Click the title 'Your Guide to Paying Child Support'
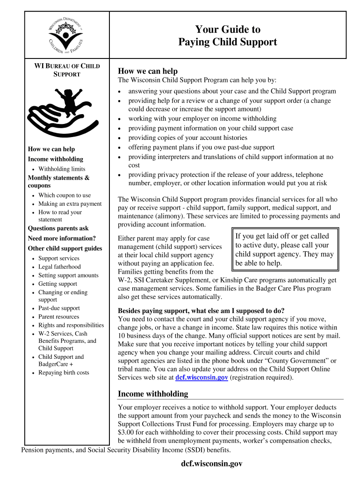click(x=228, y=36)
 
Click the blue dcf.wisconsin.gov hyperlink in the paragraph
click(x=202, y=378)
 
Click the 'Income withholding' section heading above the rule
click(x=153, y=394)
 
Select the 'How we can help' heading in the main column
click(x=148, y=71)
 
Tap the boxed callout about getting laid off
click(x=285, y=250)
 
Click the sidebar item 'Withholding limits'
click(x=62, y=169)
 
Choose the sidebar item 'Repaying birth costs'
click(x=64, y=373)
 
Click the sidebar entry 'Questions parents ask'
click(x=58, y=229)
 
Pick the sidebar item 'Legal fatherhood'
click(x=59, y=267)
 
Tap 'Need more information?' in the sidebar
click(x=62, y=239)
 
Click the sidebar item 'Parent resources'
click(x=59, y=317)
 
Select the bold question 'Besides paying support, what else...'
click(x=201, y=311)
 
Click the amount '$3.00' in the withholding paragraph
click(x=127, y=433)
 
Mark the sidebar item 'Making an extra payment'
click(x=70, y=204)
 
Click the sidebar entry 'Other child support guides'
click(x=65, y=248)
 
